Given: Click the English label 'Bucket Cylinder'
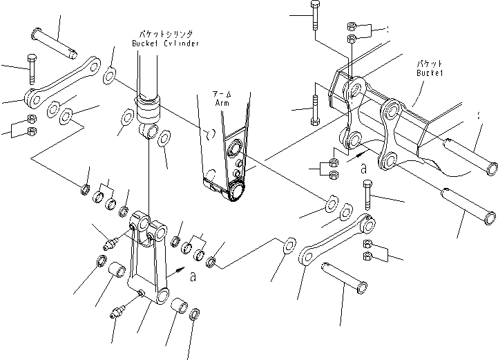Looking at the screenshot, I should (x=166, y=43).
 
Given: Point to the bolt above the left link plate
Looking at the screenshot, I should (x=30, y=70).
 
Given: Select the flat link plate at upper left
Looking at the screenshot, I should (x=62, y=81).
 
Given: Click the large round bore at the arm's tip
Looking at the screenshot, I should (x=236, y=191).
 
